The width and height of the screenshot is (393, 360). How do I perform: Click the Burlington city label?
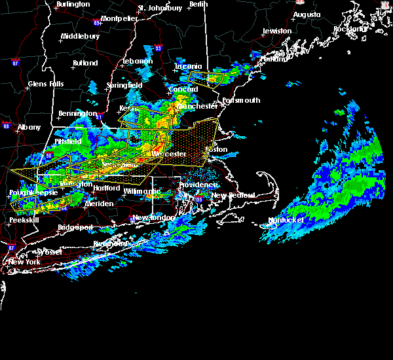click(73, 5)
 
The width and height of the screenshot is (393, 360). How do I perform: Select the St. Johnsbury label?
click(160, 9)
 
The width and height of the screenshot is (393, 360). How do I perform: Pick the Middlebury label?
click(79, 37)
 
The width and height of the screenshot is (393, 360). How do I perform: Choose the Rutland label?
click(85, 63)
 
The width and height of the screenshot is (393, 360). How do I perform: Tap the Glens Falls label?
click(46, 84)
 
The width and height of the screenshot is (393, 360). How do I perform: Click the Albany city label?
click(28, 128)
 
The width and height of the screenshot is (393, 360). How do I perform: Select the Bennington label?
click(77, 114)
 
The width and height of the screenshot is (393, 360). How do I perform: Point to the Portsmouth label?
click(241, 101)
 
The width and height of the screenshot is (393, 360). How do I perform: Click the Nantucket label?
click(285, 221)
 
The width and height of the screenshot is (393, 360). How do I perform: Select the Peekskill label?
click(24, 221)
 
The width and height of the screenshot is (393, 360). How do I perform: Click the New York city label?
click(24, 262)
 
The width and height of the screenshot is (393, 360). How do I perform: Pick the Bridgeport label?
click(75, 228)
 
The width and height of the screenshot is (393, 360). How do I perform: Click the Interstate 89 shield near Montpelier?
click(97, 22)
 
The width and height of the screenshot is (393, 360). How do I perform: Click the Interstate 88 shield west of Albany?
click(6, 126)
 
